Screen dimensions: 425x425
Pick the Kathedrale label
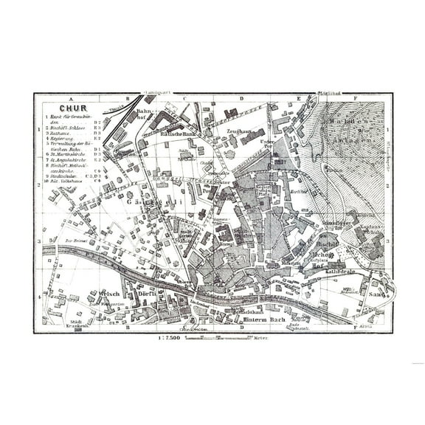coord(341,271)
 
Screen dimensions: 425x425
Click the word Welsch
coord(108,293)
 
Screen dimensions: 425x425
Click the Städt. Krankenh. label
coord(74,325)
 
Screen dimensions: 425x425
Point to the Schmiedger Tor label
coord(334,224)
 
